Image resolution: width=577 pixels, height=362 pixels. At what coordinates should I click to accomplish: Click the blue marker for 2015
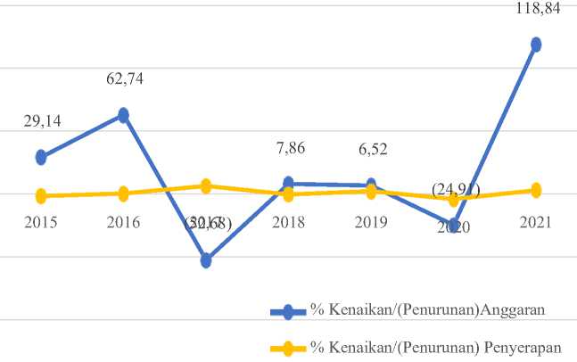41,157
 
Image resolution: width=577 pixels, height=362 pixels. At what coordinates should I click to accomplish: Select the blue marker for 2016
123,115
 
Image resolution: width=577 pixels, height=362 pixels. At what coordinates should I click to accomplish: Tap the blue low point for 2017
206,260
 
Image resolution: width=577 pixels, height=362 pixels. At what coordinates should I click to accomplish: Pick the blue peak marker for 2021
536,44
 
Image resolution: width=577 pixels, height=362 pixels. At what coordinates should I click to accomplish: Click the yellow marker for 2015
41,195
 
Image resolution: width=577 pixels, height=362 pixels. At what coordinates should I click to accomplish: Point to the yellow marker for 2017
206,186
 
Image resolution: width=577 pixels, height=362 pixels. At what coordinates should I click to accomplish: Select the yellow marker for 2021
536,190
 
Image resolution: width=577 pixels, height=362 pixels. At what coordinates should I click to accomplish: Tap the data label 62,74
124,78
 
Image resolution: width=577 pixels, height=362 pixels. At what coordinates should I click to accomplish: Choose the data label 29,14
42,121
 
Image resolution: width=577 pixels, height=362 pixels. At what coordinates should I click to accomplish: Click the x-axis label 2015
41,223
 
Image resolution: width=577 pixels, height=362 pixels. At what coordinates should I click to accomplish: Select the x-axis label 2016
123,223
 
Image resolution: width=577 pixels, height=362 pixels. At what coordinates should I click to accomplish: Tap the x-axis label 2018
288,223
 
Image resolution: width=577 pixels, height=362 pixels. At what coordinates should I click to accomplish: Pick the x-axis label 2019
370,223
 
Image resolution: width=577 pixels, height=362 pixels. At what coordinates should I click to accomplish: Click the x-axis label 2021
536,223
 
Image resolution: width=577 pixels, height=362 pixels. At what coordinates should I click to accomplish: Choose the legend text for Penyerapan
436,349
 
